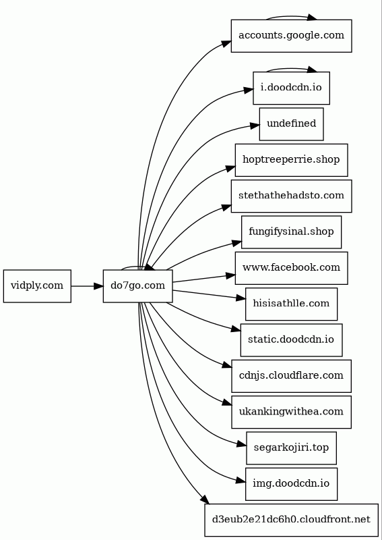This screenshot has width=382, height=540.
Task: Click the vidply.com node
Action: click(37, 286)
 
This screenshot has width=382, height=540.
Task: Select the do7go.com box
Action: click(138, 286)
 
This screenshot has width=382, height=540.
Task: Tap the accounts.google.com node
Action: click(291, 36)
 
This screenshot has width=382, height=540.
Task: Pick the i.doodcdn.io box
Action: click(291, 88)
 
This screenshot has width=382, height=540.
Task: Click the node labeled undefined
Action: click(291, 124)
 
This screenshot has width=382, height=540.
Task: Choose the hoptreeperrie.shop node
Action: click(291, 160)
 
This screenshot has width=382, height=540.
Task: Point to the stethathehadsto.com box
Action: click(291, 196)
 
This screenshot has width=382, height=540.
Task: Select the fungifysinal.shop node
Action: click(291, 232)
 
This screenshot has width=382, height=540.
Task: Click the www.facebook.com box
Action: click(291, 268)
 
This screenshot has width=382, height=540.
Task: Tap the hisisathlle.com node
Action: click(291, 304)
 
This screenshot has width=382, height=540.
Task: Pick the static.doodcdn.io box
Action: click(291, 340)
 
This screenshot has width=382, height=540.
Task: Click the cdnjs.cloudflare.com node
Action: click(291, 376)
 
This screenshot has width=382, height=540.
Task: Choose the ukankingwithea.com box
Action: click(291, 412)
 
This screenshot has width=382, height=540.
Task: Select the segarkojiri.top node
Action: click(291, 448)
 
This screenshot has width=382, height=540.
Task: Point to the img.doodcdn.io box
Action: click(291, 484)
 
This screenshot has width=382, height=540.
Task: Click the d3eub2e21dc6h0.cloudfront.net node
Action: click(291, 520)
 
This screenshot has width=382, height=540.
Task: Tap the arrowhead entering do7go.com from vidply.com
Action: click(98, 286)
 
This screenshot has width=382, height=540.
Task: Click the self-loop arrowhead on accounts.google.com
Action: click(312, 18)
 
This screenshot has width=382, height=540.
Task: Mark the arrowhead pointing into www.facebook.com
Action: click(230, 275)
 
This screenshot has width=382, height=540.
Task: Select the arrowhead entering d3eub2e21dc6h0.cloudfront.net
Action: click(205, 500)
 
